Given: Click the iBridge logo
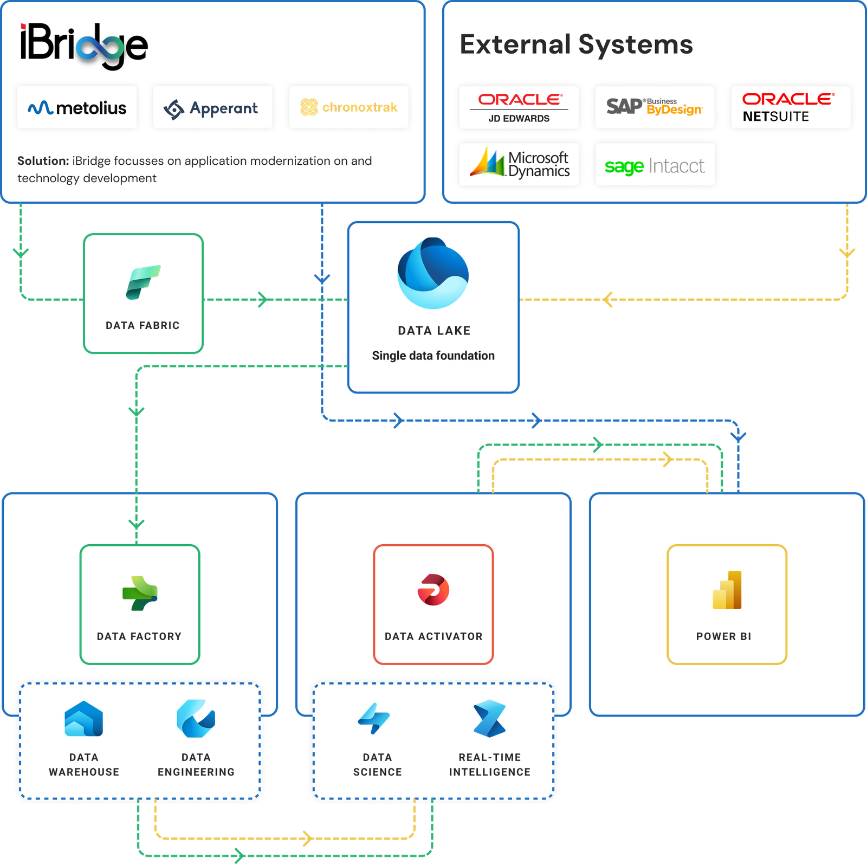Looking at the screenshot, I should coord(84,46).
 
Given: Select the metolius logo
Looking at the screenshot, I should coord(77,108).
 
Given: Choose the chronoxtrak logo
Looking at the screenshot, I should coord(348,107).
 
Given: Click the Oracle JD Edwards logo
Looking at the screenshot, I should coord(519,107).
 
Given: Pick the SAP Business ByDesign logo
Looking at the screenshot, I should coord(655,107).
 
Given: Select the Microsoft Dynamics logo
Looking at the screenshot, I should coord(519,164).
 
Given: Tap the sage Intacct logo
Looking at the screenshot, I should coord(655,165).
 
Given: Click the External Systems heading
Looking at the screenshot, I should coord(576,44).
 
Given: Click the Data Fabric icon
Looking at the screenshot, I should coord(143,282).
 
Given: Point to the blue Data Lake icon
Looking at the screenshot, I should coord(433,273).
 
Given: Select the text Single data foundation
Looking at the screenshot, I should coord(433,356).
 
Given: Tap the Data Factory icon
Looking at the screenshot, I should coord(140,593).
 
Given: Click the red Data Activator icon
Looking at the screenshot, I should coord(433,590).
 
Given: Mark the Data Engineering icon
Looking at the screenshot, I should coord(196,719).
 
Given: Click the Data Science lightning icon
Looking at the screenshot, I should coord(374,719).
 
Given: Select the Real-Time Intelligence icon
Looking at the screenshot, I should coord(489,719).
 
